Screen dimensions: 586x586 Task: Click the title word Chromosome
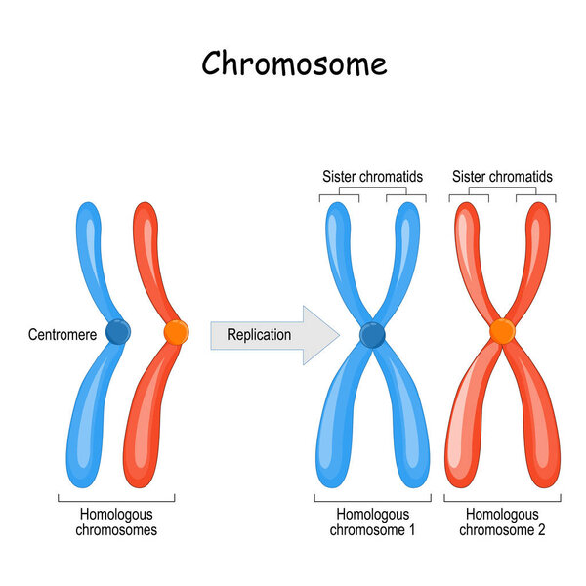click(x=294, y=63)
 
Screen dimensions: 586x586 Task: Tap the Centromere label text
click(x=61, y=335)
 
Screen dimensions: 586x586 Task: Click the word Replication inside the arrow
click(x=259, y=335)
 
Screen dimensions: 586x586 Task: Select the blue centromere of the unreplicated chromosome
click(x=117, y=333)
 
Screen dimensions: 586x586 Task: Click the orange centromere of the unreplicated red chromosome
click(x=176, y=333)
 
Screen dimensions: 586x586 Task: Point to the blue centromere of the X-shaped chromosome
click(x=372, y=335)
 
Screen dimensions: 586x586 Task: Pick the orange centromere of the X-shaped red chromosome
click(x=502, y=332)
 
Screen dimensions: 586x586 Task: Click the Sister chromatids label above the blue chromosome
click(x=372, y=177)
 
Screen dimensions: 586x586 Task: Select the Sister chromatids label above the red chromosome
click(x=502, y=177)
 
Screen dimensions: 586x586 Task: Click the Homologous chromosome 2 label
click(x=502, y=523)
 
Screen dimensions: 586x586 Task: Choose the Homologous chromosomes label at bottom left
click(x=115, y=523)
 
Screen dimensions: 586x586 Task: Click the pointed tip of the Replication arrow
click(x=337, y=335)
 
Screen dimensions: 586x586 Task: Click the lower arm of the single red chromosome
click(x=140, y=430)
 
